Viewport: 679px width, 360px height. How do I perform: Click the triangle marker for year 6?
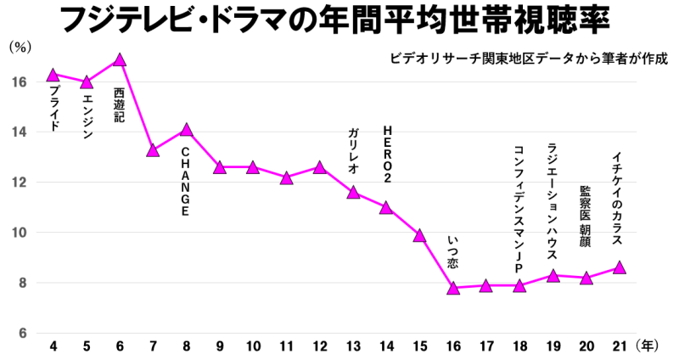(x=120, y=59)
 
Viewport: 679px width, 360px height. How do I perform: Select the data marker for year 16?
(x=453, y=288)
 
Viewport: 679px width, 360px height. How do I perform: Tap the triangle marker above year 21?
(x=620, y=267)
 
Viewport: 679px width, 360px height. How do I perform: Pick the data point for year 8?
(x=187, y=129)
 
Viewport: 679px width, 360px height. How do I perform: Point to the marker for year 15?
(x=419, y=235)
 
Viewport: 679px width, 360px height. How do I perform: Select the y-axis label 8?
(x=22, y=283)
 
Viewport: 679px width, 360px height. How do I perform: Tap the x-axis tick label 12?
(x=320, y=346)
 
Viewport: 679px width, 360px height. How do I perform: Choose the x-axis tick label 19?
(x=553, y=346)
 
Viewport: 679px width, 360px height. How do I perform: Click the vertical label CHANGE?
(x=185, y=182)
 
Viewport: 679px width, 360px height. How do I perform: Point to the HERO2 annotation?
(x=387, y=155)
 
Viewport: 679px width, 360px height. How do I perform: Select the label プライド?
(x=53, y=108)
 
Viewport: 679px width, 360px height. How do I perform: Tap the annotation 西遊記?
(x=119, y=104)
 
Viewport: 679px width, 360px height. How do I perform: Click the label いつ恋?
(x=452, y=252)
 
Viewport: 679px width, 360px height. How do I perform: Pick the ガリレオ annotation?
(x=353, y=151)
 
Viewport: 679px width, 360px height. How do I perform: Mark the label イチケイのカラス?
(x=618, y=199)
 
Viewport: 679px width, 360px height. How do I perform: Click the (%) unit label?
(x=20, y=48)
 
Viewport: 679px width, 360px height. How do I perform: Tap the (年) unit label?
(x=648, y=346)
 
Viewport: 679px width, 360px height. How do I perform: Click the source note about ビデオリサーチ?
(x=529, y=59)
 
